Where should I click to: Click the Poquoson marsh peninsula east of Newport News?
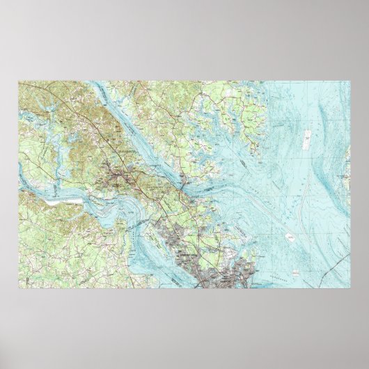tap(223, 223)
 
